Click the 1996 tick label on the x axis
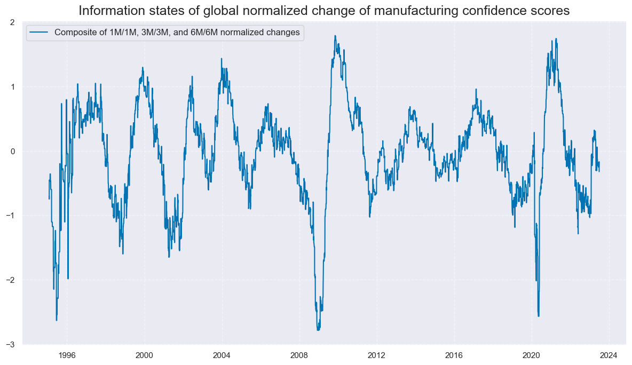pyautogui.click(x=67, y=354)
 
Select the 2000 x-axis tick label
pyautogui.click(x=144, y=354)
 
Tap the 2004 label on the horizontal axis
pyautogui.click(x=222, y=354)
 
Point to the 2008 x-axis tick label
pyautogui.click(x=299, y=354)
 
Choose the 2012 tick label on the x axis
pyautogui.click(x=377, y=354)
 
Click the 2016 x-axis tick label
pyautogui.click(x=454, y=354)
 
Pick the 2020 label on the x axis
pyautogui.click(x=532, y=354)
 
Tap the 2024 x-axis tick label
pyautogui.click(x=609, y=354)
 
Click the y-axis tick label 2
pyautogui.click(x=12, y=22)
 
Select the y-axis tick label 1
pyautogui.click(x=12, y=87)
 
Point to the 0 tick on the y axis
pyautogui.click(x=12, y=152)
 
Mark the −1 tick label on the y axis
pyautogui.click(x=10, y=216)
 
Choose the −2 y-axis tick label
pyautogui.click(x=10, y=280)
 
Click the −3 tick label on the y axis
pyautogui.click(x=10, y=345)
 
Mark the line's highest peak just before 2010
pyautogui.click(x=335, y=36)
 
